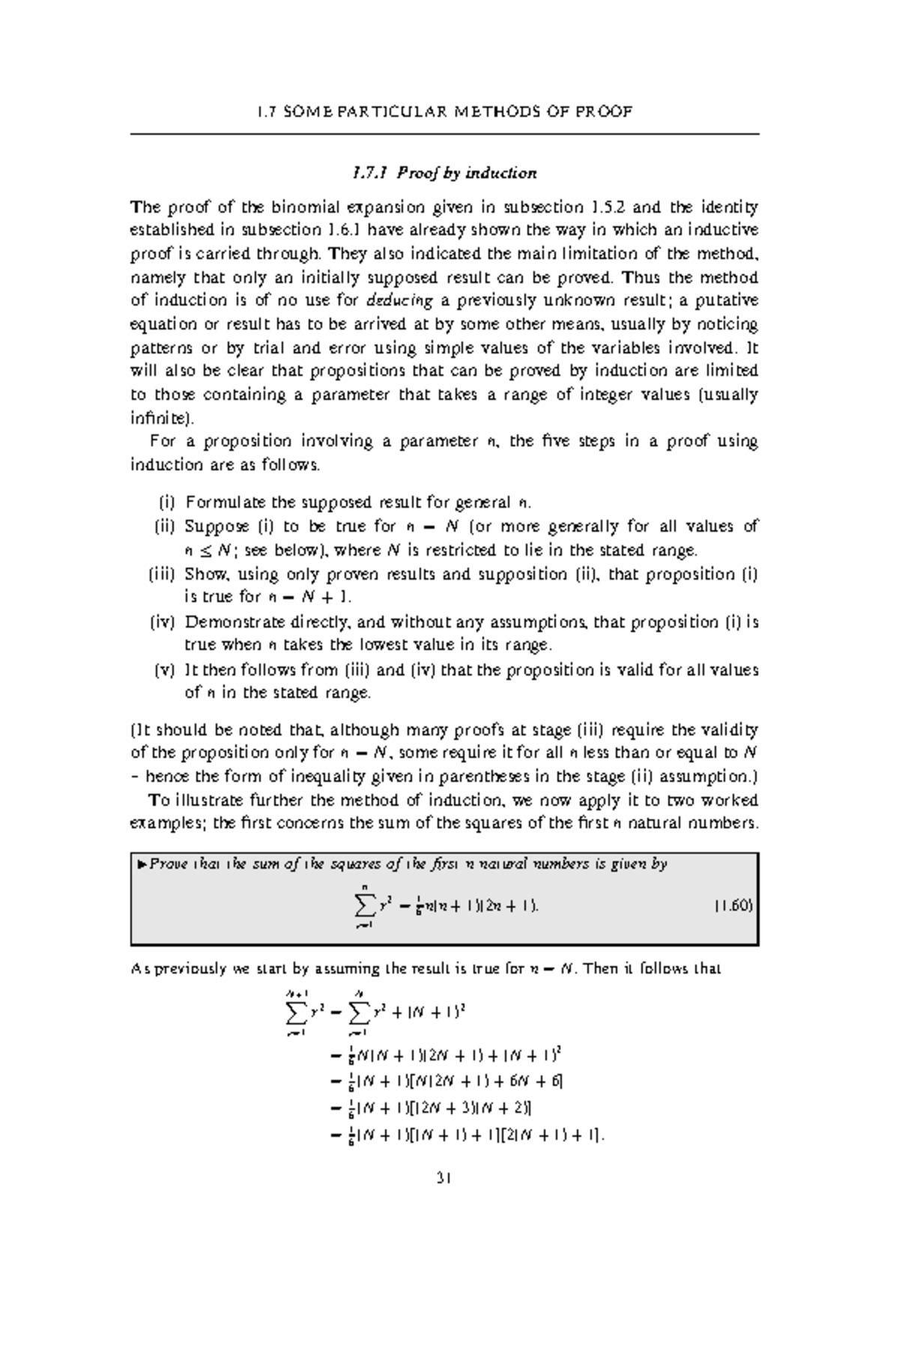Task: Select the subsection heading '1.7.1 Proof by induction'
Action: [x=444, y=174]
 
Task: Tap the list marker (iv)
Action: [x=161, y=622]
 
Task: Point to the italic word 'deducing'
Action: [x=401, y=301]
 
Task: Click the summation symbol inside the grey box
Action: [x=364, y=907]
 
